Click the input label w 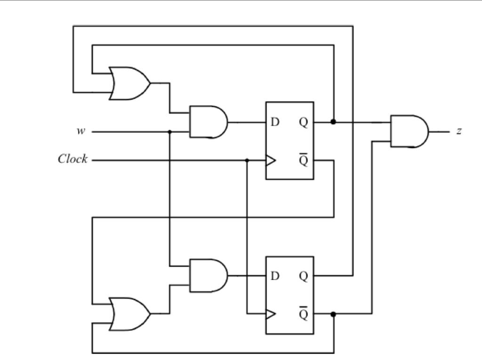point(81,131)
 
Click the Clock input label point(72,159)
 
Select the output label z point(458,131)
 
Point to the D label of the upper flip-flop point(275,122)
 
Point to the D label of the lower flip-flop point(275,276)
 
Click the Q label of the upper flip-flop point(304,122)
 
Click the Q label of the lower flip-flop point(304,276)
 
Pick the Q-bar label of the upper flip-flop point(304,160)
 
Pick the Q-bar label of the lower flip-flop point(304,314)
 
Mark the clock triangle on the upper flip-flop point(271,160)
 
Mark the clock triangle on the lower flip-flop point(271,314)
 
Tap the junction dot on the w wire point(169,132)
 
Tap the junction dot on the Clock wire point(247,160)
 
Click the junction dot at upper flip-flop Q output point(334,122)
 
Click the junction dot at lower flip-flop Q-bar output point(334,314)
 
